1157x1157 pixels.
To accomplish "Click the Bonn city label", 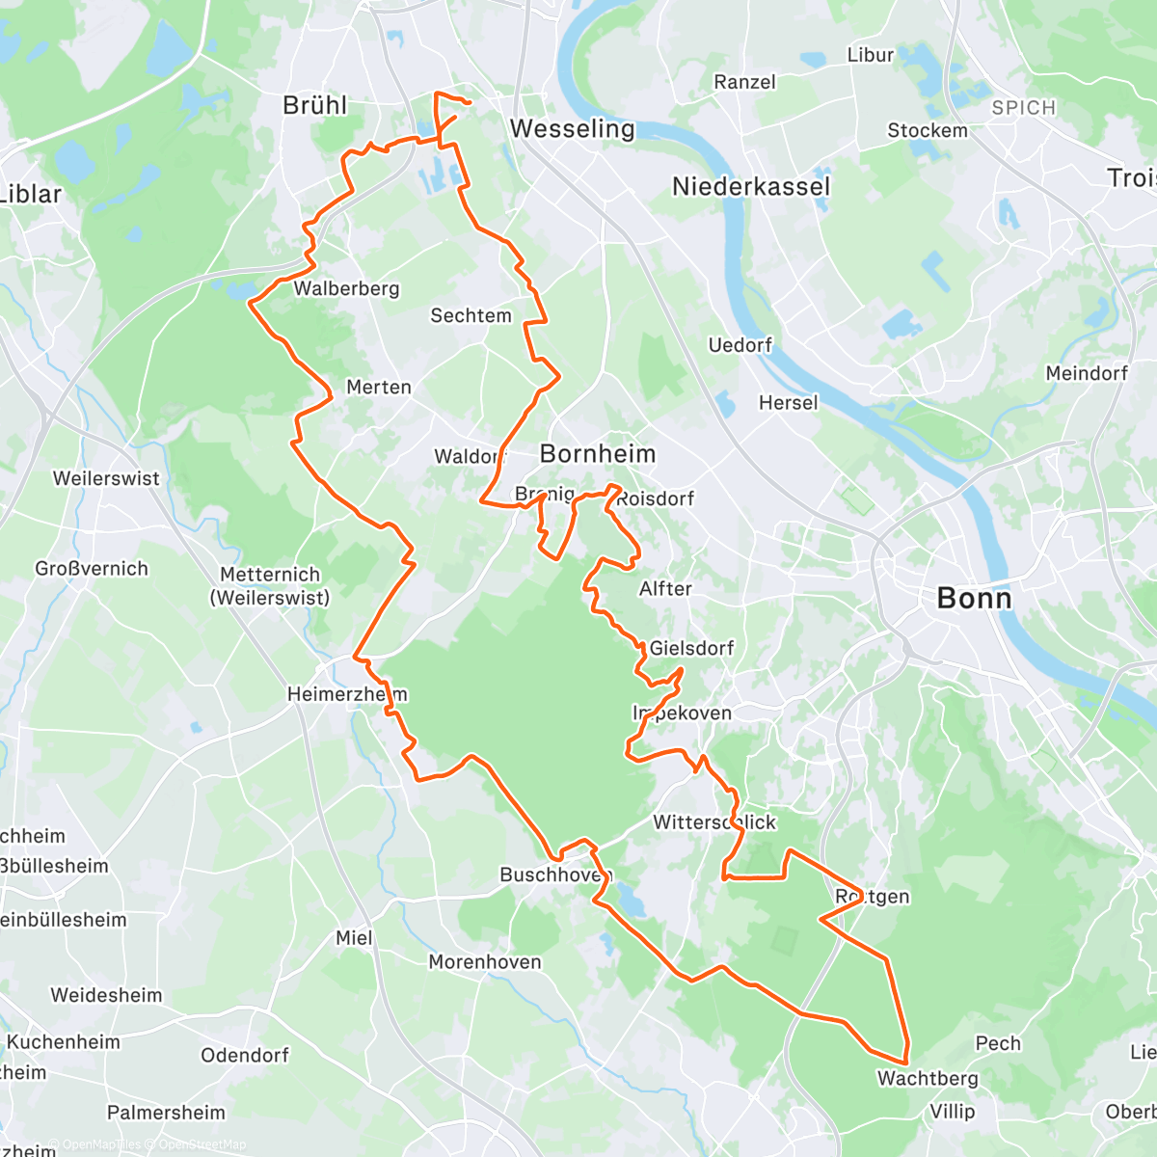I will point(974,599).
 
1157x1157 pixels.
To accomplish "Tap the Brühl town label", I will point(314,105).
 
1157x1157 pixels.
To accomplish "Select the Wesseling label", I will point(572,128).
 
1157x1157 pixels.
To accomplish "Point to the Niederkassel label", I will point(750,186).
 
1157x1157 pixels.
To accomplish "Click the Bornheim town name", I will point(598,453).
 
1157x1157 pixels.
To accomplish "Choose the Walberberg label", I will point(346,288).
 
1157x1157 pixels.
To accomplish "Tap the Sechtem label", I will point(471,315).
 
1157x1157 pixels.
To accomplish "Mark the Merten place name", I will point(379,387).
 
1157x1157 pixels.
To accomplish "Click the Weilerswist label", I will point(106,478).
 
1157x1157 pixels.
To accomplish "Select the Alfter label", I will point(665,588).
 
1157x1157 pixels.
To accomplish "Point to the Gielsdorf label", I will point(691,648).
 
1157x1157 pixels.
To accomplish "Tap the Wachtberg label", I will point(928,1078).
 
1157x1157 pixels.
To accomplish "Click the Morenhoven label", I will point(485,962).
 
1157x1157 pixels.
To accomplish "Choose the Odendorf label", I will point(245,1055).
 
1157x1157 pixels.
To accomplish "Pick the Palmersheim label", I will point(166,1113).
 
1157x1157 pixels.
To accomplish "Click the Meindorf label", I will point(1087,373).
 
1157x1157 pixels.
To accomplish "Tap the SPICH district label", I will point(1023,108).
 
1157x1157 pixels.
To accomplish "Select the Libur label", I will point(871,55).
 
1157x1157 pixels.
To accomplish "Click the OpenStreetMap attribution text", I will point(202,1144).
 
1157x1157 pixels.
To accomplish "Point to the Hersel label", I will point(788,403).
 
